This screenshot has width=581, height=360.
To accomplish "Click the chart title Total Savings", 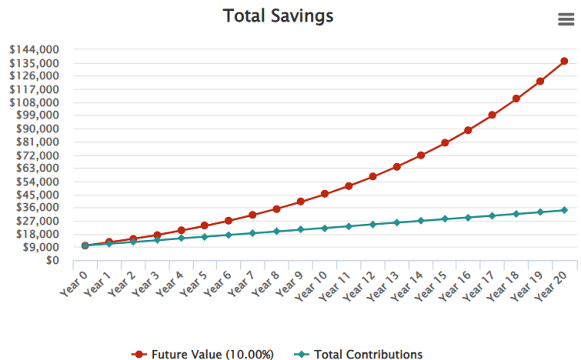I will click(x=278, y=16).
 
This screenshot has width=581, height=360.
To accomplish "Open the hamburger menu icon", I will click(x=566, y=19).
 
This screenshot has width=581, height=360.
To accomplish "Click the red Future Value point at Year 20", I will click(x=564, y=61).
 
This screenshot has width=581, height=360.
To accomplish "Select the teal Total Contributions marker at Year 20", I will click(x=564, y=210).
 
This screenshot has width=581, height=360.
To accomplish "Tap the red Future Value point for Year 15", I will click(x=445, y=143).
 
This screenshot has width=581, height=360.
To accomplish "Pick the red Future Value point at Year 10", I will click(x=325, y=194).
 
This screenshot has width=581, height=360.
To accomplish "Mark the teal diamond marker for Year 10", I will click(x=325, y=228).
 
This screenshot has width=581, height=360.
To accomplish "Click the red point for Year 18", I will click(x=516, y=98).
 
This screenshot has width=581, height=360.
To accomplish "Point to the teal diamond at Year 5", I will click(x=204, y=237).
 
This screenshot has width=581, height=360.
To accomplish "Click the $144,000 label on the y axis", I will click(x=34, y=49).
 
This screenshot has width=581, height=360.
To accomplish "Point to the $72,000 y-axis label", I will click(x=37, y=155).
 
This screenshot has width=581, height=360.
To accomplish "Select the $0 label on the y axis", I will click(x=52, y=260).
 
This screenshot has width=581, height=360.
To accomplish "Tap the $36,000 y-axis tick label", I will click(x=37, y=207).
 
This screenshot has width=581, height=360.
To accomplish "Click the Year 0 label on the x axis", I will click(x=74, y=284).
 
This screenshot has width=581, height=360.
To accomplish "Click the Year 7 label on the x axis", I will click(x=241, y=284).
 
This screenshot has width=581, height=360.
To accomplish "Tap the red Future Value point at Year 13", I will click(x=397, y=167).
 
